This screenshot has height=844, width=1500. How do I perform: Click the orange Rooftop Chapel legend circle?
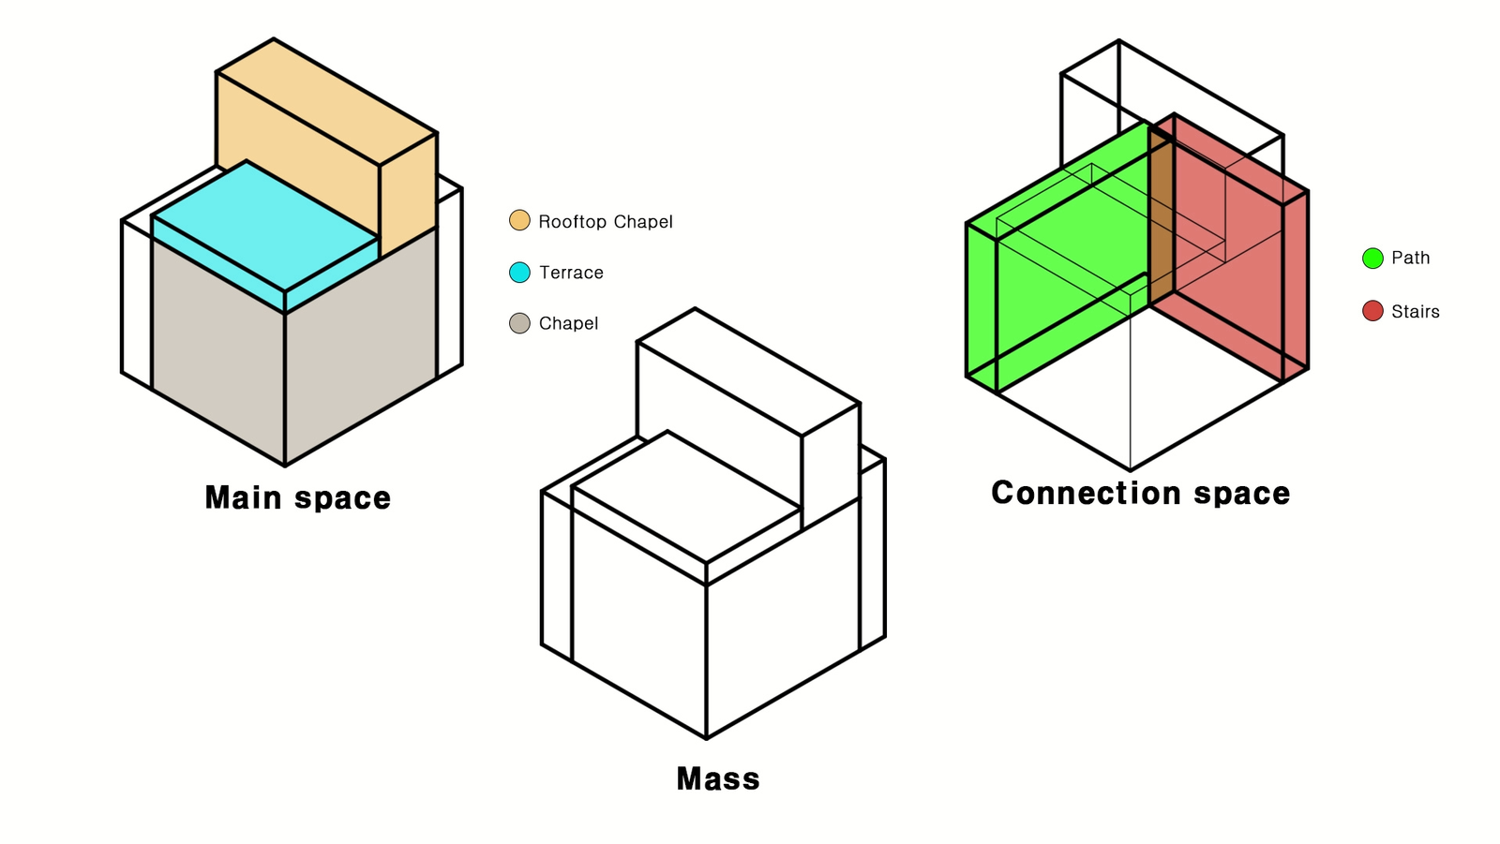[x=519, y=220]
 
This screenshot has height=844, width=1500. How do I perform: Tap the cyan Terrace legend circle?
[x=519, y=273]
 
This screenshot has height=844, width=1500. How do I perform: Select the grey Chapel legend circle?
[x=519, y=323]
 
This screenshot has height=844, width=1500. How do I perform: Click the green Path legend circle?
[x=1372, y=259]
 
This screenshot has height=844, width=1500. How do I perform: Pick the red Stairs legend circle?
[x=1372, y=311]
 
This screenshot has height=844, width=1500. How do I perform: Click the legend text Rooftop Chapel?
[x=606, y=222]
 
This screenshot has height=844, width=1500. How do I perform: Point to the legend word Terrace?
[x=571, y=273]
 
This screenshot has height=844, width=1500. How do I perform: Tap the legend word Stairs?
[x=1415, y=311]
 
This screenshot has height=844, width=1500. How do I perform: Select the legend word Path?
[x=1410, y=258]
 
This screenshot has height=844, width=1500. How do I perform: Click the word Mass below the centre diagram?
[x=718, y=779]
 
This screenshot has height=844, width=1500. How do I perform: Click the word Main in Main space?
[x=243, y=498]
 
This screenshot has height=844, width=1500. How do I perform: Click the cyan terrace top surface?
[x=265, y=226]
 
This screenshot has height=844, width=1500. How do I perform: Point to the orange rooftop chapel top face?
[x=327, y=100]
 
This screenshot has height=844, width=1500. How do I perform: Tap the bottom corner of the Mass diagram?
[x=707, y=738]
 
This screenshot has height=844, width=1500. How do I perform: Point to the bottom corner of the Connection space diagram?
[x=1131, y=469]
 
